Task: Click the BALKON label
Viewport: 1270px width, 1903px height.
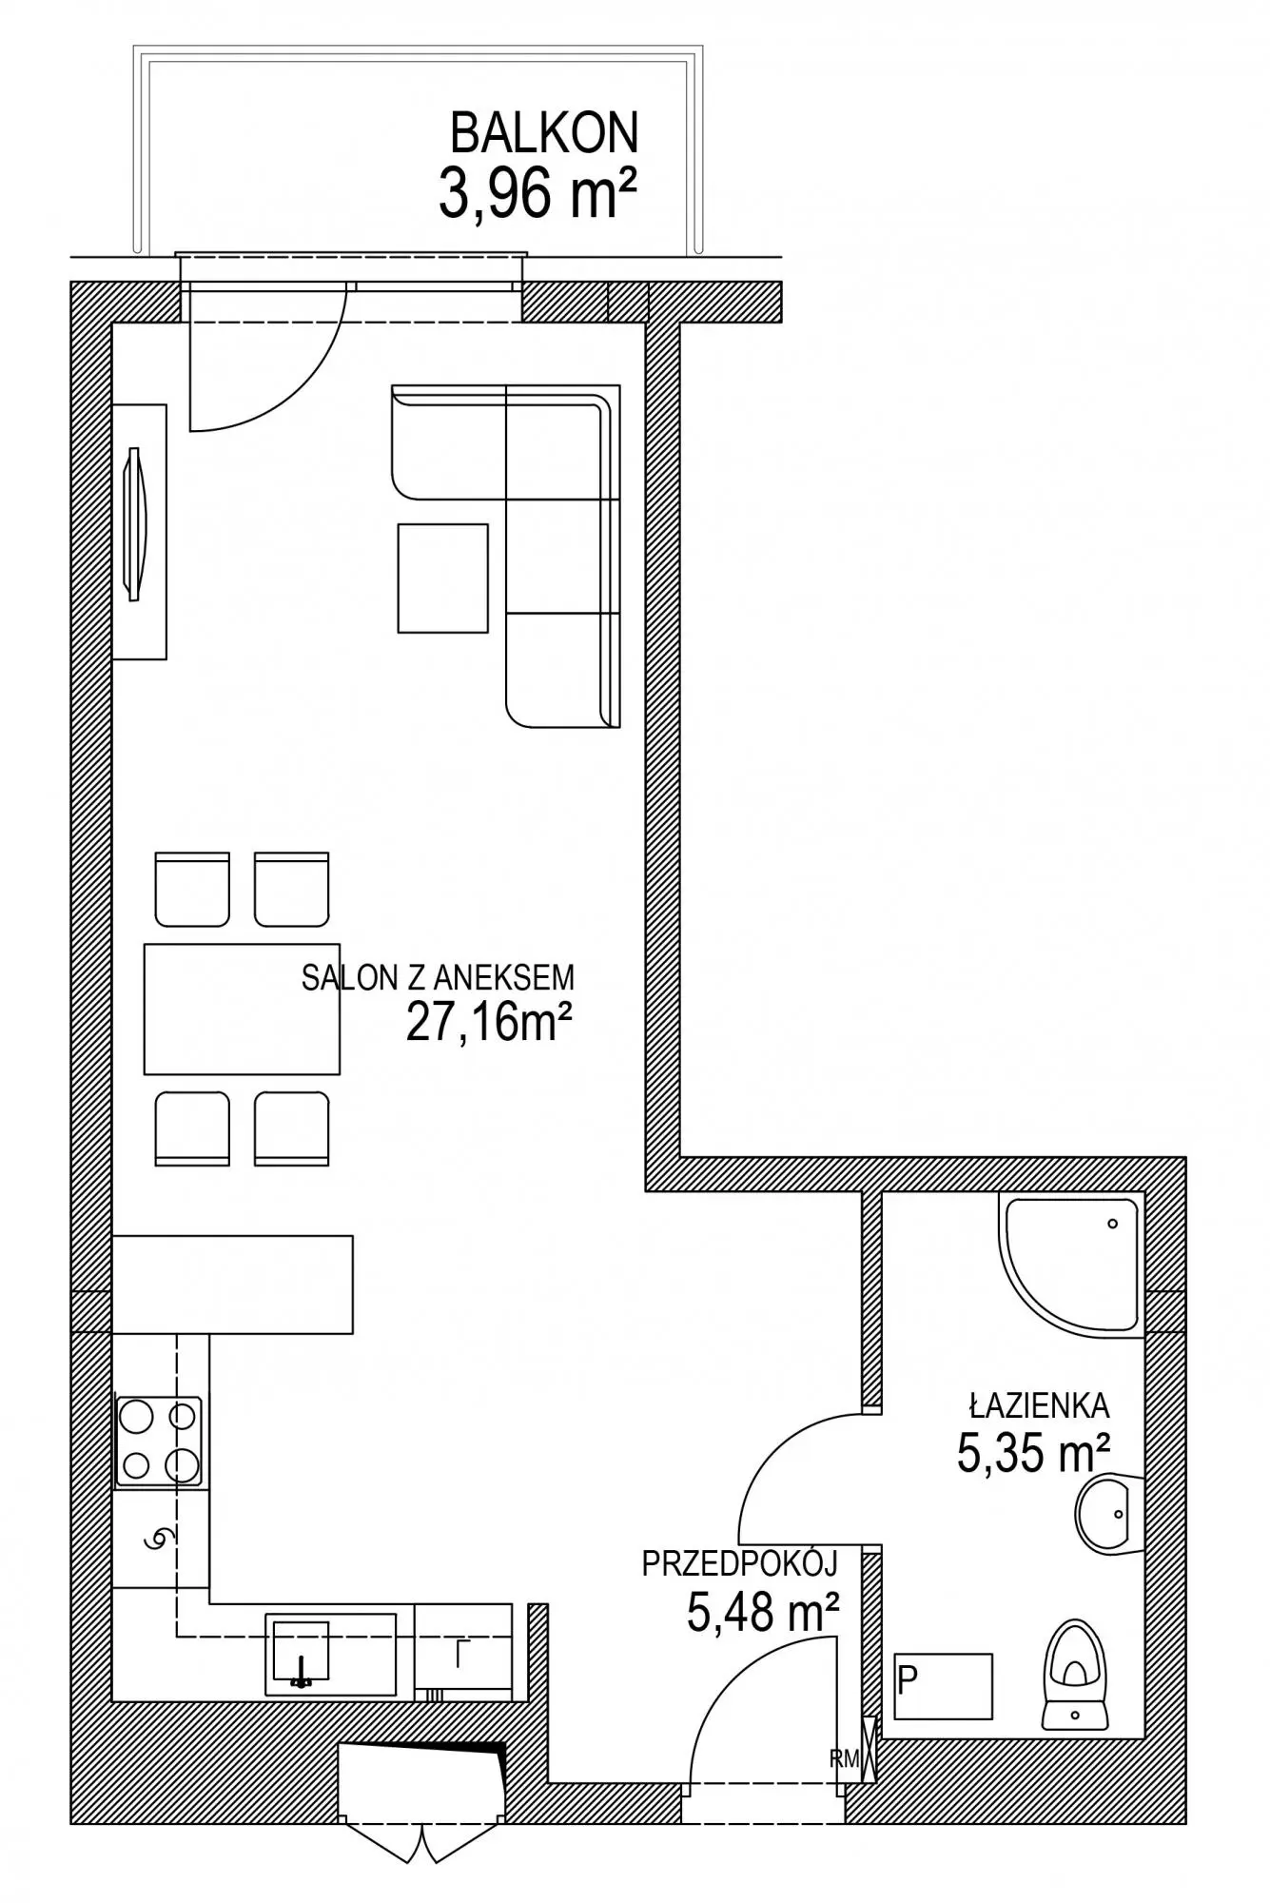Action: point(543,133)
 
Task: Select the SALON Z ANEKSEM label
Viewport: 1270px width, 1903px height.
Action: point(438,978)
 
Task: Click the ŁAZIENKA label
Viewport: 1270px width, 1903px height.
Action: point(1040,1405)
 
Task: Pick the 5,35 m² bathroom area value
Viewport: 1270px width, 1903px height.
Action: point(1033,1454)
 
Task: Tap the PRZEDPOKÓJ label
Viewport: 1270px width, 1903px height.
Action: point(739,1564)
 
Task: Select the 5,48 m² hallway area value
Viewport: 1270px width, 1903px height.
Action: point(763,1612)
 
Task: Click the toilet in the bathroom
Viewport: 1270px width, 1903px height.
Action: point(1077,1675)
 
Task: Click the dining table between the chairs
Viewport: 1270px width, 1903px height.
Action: point(242,1009)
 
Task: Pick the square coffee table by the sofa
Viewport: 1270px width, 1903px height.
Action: point(442,578)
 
